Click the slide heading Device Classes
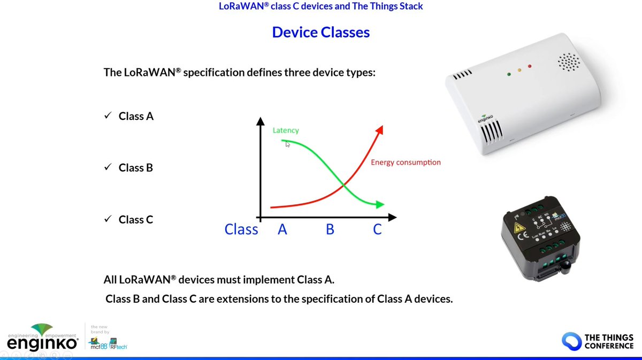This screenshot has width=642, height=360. (320, 32)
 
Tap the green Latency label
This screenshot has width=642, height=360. (286, 130)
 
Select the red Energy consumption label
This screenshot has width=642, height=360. (406, 162)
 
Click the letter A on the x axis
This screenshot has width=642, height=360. (282, 229)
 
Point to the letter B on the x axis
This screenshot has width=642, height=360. (330, 229)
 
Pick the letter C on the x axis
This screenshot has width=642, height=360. (377, 229)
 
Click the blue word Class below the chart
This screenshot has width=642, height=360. (241, 229)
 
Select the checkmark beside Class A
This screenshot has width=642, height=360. (108, 116)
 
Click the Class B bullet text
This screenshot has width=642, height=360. (136, 168)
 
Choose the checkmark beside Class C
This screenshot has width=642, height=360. (108, 219)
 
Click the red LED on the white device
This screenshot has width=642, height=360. (530, 66)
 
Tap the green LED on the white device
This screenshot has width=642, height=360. (508, 74)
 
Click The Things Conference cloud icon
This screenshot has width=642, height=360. (571, 341)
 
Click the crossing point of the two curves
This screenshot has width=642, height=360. (342, 186)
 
